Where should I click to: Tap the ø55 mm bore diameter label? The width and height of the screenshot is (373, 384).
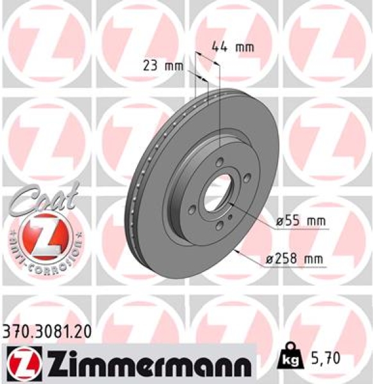click(x=299, y=221)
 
